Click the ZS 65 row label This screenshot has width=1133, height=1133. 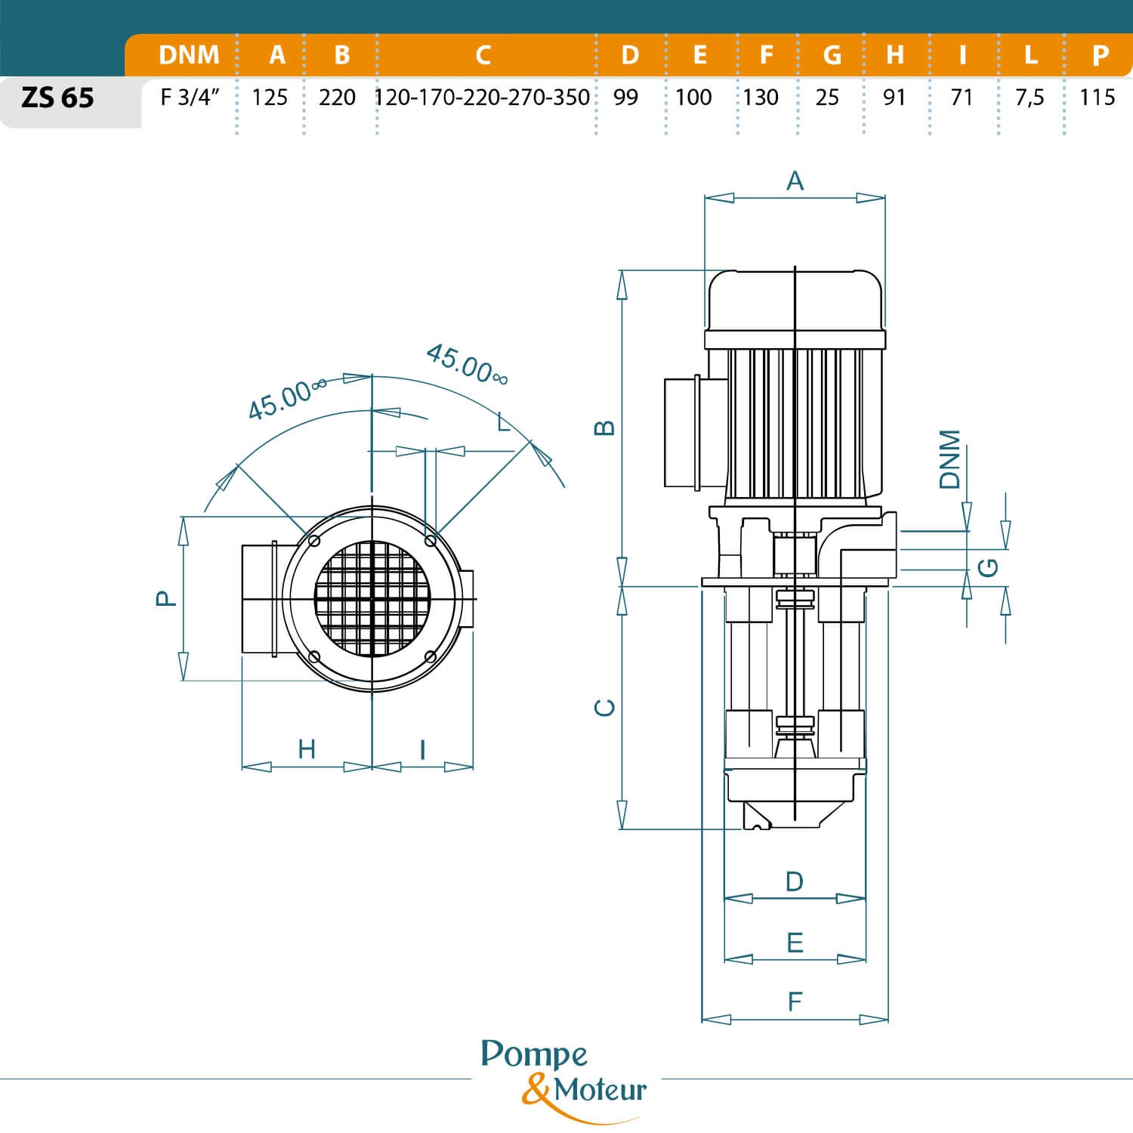tap(57, 98)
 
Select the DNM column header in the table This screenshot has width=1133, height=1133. tap(189, 55)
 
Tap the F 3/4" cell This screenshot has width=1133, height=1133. tap(189, 97)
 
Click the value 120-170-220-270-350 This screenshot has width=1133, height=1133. tap(482, 97)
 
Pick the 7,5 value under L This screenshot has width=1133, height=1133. tap(1030, 97)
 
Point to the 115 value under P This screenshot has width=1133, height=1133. tap(1097, 97)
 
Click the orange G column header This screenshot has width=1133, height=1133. tap(832, 55)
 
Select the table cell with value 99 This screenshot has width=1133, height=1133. tap(625, 97)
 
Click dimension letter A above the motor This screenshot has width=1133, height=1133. tap(795, 181)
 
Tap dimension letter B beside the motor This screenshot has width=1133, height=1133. tap(605, 428)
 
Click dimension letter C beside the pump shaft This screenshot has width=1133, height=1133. tap(605, 708)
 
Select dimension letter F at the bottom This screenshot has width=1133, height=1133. tap(795, 1002)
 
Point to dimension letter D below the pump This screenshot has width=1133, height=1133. tap(794, 881)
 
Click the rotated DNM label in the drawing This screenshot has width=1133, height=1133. tap(949, 459)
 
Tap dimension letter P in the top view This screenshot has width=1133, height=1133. tap(165, 598)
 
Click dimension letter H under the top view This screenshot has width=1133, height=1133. tap(306, 749)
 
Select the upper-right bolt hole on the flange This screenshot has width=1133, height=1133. tap(430, 541)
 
